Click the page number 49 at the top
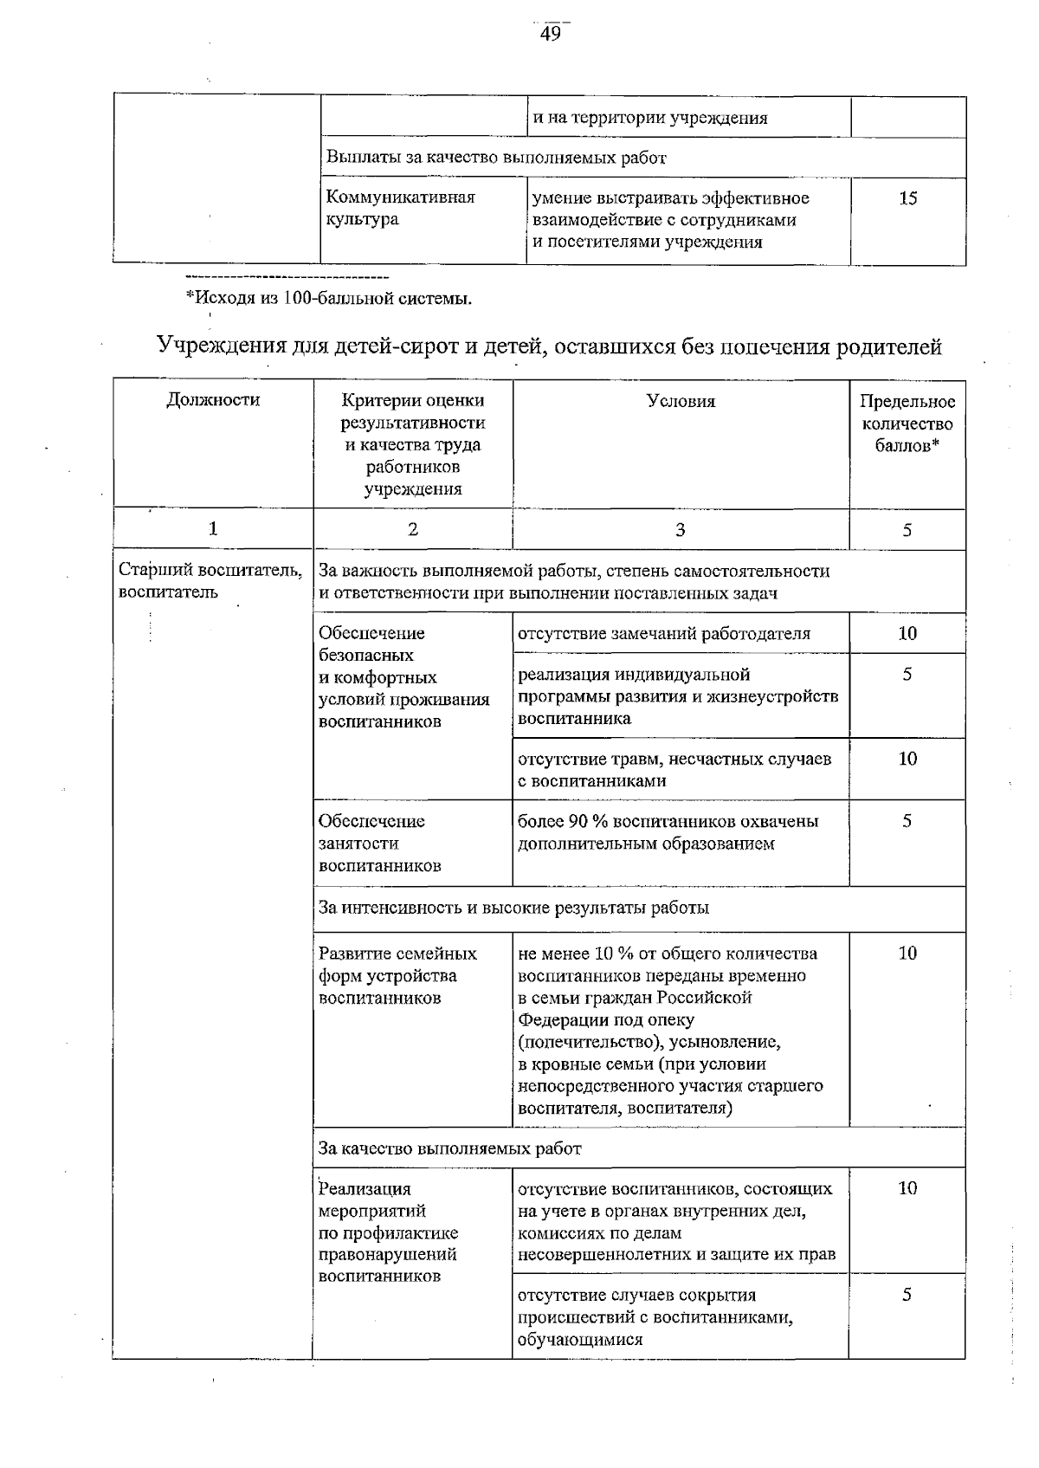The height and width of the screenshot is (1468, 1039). pos(551,34)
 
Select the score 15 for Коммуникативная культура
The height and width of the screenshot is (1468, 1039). pos(907,198)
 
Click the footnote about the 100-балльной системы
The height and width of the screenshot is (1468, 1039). pos(329,300)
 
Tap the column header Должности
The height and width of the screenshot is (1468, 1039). pos(213,400)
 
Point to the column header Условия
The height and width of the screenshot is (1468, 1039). pos(681,401)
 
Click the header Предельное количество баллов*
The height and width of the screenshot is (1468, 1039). pos(907,424)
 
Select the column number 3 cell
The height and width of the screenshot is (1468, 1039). pos(681,529)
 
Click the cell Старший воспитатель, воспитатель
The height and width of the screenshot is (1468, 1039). pos(210,581)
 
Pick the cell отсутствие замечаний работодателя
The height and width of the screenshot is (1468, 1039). pos(664,633)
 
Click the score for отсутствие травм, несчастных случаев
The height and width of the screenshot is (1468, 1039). pos(907,759)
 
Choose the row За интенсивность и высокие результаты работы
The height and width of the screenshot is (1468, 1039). pos(514,908)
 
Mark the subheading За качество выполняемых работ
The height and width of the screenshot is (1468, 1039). pos(450,1148)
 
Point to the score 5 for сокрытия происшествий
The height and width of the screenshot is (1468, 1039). pos(907,1295)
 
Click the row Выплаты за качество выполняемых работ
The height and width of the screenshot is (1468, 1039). pos(496,158)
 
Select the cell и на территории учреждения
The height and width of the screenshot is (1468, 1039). pos(650,118)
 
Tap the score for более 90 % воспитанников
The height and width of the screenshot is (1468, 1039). pos(907,821)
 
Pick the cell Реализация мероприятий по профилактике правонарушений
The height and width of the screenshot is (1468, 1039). pos(389,1232)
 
